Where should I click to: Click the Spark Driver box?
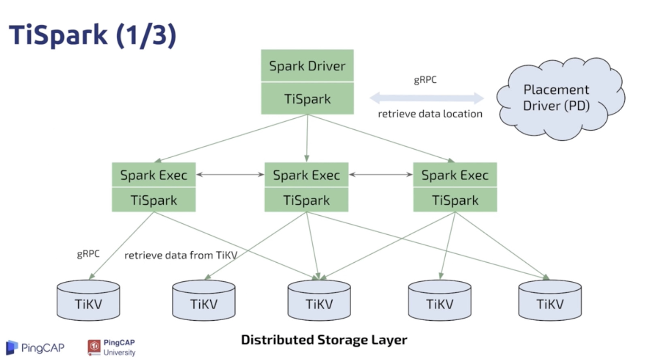(x=307, y=66)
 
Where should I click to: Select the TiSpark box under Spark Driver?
(x=307, y=99)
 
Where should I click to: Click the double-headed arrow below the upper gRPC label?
(x=427, y=98)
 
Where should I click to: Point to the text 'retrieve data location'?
(x=430, y=114)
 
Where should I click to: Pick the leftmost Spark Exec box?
(x=154, y=175)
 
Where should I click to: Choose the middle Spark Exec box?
(x=306, y=175)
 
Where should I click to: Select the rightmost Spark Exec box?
(x=455, y=175)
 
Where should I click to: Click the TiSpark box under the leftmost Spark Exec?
(x=154, y=200)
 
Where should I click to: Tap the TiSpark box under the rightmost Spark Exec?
(x=455, y=200)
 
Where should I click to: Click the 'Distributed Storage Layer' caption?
(x=324, y=340)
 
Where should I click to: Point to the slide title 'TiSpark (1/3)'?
(x=93, y=35)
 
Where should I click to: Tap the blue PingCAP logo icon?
(x=12, y=347)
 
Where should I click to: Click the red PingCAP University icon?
(x=94, y=347)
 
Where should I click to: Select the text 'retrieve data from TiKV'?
(x=180, y=255)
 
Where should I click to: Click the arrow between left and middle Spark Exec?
(x=230, y=175)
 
